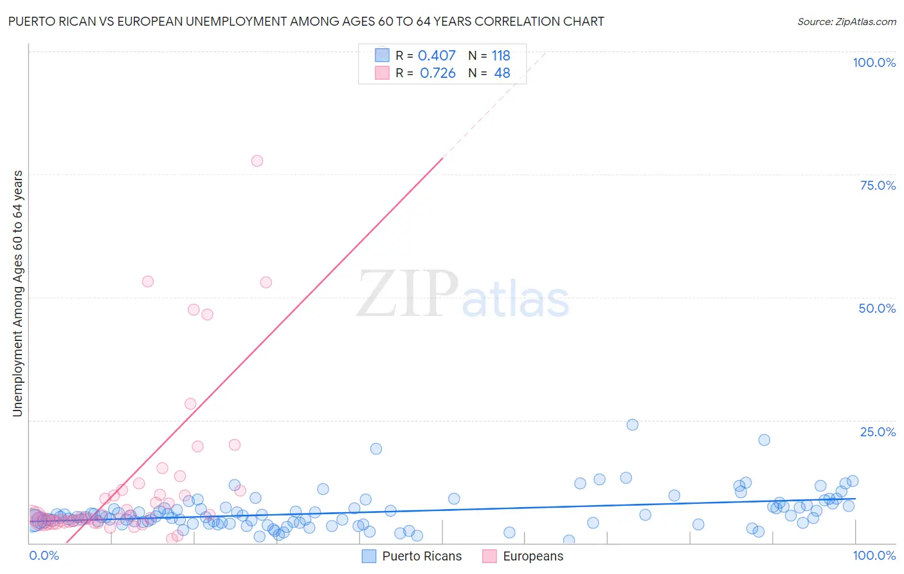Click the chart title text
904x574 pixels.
(306, 22)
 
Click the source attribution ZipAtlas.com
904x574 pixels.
(846, 22)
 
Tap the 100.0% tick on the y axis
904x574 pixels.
(874, 62)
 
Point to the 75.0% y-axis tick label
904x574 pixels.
(878, 185)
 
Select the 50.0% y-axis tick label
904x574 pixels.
(877, 308)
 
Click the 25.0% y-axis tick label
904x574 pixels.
(878, 431)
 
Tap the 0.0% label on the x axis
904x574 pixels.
(44, 555)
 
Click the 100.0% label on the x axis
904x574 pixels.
(874, 555)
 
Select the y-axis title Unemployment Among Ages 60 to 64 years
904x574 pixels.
(18, 293)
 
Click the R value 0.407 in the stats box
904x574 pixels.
(437, 56)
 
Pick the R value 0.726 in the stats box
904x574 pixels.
(437, 73)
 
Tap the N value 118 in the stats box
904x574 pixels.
(501, 56)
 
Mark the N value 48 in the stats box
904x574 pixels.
(502, 73)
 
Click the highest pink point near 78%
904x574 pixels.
(257, 161)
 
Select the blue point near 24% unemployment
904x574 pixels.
(633, 425)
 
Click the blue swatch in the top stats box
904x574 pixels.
(382, 55)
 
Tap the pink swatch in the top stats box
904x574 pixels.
(382, 73)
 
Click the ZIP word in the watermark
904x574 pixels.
(408, 295)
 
